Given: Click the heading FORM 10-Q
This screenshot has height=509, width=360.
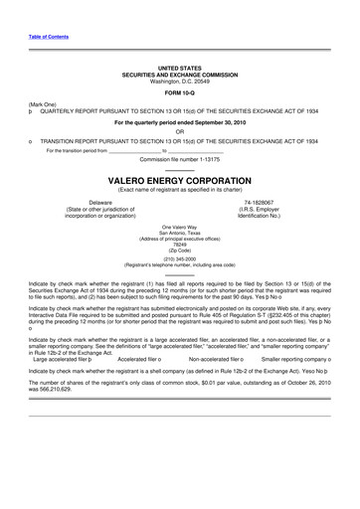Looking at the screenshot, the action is click(x=180, y=94).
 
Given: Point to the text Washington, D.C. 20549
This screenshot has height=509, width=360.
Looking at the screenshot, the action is click(x=180, y=81).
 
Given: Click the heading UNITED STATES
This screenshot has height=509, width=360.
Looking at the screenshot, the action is click(x=180, y=67).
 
